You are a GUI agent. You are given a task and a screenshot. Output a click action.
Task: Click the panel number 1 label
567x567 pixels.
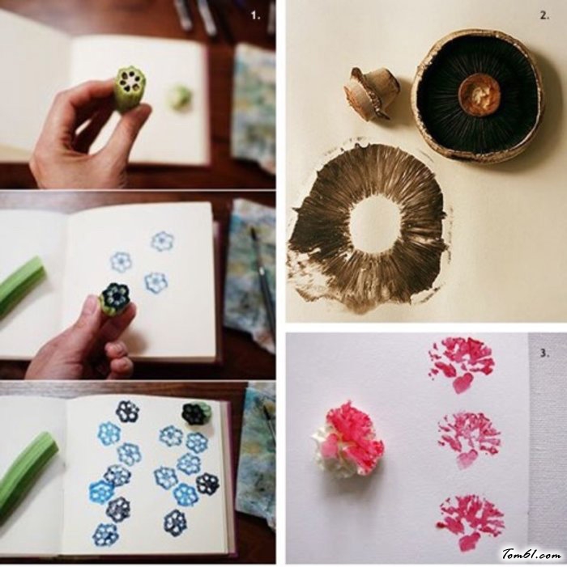(x=256, y=15)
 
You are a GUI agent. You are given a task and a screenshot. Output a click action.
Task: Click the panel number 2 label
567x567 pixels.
(x=544, y=15)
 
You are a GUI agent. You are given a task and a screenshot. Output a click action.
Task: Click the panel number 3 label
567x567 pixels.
(x=544, y=353)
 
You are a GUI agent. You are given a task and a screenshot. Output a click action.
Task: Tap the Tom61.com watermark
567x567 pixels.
(x=532, y=553)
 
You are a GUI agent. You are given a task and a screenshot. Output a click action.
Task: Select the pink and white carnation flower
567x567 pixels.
(x=347, y=442)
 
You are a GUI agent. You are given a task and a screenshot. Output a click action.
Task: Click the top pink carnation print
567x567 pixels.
(x=461, y=362)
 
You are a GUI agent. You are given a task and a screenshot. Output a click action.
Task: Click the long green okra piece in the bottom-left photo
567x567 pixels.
(x=25, y=473)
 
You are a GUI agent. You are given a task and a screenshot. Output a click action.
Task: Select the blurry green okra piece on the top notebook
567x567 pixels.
(x=179, y=97)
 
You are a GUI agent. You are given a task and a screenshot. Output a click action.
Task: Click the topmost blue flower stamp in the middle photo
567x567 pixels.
(x=162, y=242)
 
